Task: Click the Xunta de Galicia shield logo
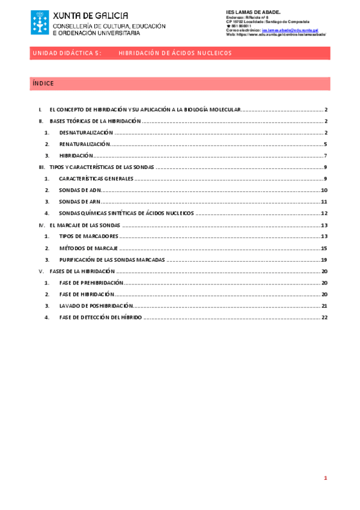point(40,22)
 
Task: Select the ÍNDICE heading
point(43,84)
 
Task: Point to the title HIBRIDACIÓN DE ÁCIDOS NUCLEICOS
point(175,54)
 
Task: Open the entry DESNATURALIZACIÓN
point(86,132)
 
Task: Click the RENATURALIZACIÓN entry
point(85,144)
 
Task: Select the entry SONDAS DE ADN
point(80,190)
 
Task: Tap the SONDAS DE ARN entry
point(80,201)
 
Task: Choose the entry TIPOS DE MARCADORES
point(88,236)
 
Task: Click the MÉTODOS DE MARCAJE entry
point(88,248)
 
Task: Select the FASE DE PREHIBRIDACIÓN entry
point(91,282)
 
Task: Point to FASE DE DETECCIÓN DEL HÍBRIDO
point(100,317)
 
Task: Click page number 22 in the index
point(324,317)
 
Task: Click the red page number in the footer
point(325,479)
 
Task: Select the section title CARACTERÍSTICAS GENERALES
point(96,179)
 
